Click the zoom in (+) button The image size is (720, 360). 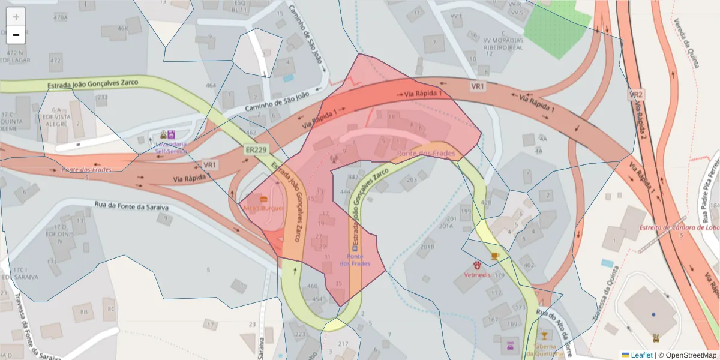click(16, 17)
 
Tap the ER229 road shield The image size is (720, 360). click(256, 150)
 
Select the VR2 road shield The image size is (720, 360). click(636, 95)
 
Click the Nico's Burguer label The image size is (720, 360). click(263, 208)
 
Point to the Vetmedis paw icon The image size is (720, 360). click(477, 265)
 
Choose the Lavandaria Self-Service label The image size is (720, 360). click(171, 148)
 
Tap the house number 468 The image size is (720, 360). click(122, 28)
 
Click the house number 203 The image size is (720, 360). click(412, 179)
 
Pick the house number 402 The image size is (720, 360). click(529, 265)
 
